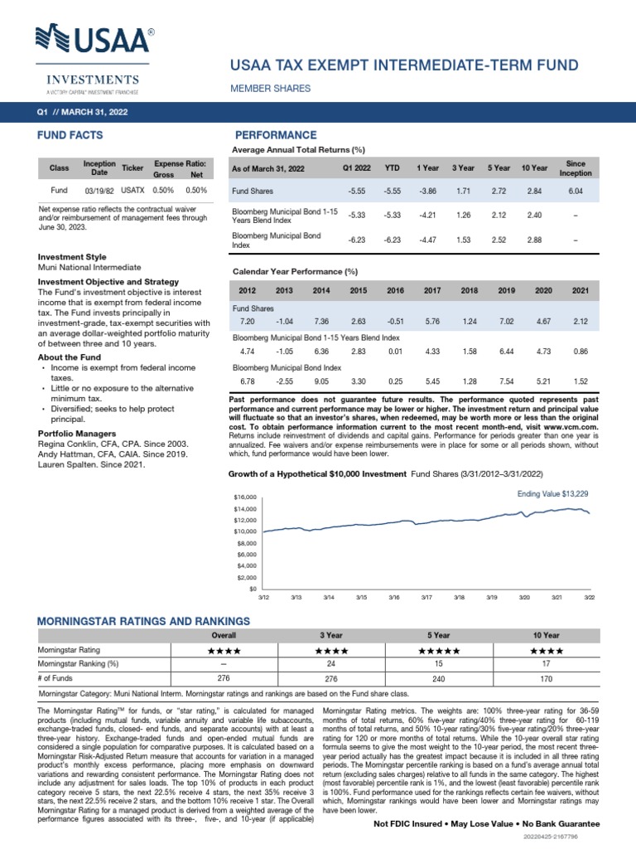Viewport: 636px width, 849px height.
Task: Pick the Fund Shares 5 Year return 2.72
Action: (499, 192)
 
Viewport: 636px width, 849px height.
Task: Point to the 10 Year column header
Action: (534, 168)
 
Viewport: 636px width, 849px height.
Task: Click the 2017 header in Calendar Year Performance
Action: (431, 291)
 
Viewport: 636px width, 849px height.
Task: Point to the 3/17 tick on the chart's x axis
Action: (426, 597)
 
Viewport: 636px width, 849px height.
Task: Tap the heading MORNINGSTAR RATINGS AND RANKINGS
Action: (144, 620)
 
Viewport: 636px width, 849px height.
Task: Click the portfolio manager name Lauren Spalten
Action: (74, 464)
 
